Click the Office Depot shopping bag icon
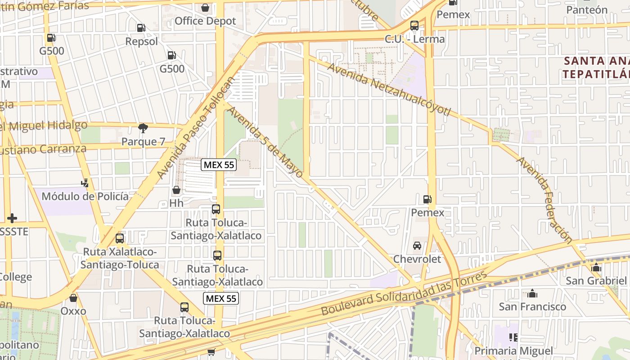[205, 8]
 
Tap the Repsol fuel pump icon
[141, 28]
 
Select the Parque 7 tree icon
[143, 128]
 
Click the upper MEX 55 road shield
[219, 165]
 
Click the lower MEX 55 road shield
[220, 298]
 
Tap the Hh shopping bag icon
[176, 190]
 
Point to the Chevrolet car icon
[417, 246]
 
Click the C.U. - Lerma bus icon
[414, 26]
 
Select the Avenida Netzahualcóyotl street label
[389, 89]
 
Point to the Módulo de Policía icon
[85, 183]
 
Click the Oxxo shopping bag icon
[73, 298]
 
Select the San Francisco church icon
[532, 293]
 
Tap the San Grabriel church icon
[596, 267]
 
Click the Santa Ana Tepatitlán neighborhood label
[596, 67]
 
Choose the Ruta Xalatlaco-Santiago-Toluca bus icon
[119, 238]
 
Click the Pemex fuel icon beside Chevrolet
[427, 199]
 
